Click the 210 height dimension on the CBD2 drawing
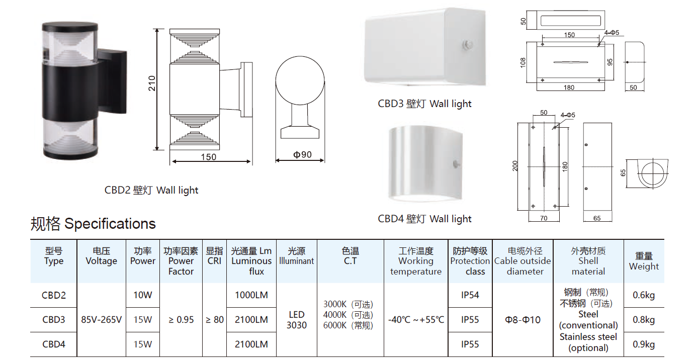coord(152,83)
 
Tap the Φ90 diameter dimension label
coord(302,154)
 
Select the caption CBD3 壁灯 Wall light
coord(424,104)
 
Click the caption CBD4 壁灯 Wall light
coord(424,219)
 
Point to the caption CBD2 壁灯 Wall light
coord(151,190)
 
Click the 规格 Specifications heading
coord(93,224)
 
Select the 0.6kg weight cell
coord(644,295)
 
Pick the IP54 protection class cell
coord(470,295)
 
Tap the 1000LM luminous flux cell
coord(251,295)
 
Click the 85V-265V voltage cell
coord(101,320)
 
